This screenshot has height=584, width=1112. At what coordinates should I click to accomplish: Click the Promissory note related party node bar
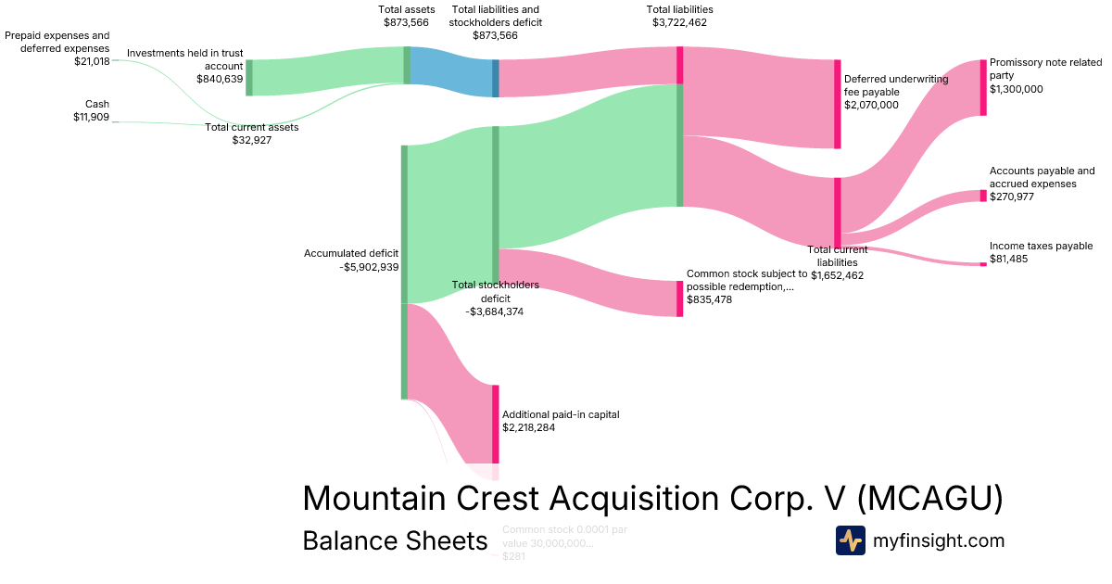click(983, 87)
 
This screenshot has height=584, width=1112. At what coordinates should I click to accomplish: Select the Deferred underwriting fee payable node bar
click(838, 104)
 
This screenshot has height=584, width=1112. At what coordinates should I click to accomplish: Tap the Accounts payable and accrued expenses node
click(983, 196)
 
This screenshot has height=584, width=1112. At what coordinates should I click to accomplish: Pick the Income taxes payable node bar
click(983, 264)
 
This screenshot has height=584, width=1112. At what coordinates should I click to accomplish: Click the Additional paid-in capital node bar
click(496, 424)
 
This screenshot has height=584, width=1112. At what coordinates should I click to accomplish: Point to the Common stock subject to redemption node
click(679, 298)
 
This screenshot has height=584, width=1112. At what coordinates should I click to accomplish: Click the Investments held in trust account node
click(248, 78)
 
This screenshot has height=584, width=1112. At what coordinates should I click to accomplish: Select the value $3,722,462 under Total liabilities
click(680, 22)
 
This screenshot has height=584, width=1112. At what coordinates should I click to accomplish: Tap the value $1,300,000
click(1017, 89)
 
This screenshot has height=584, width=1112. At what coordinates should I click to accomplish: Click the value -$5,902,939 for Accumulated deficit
click(369, 267)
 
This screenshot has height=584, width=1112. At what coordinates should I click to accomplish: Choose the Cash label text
click(97, 104)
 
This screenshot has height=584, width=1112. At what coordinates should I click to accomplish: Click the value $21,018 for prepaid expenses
click(92, 61)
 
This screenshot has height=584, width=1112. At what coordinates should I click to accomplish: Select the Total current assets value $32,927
click(252, 140)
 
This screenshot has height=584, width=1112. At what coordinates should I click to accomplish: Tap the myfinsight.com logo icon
click(851, 540)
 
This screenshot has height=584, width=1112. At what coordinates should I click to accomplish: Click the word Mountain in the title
click(376, 499)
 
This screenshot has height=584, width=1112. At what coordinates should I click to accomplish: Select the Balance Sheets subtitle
click(395, 541)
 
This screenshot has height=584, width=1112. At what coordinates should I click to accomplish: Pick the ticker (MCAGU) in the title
click(929, 499)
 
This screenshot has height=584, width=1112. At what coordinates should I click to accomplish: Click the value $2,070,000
click(871, 105)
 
